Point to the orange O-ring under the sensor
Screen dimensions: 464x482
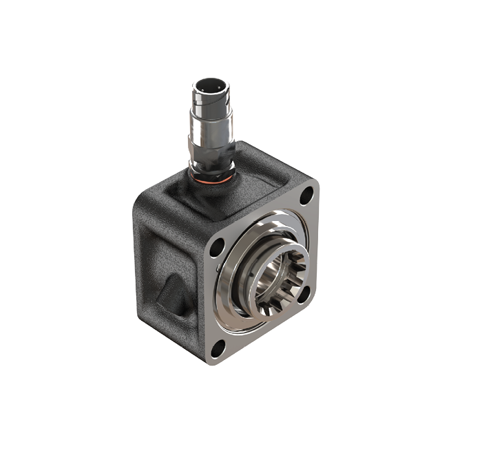coord(209,180)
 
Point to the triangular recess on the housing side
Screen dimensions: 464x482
coord(169,289)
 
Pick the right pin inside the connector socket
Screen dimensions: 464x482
coord(215,88)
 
